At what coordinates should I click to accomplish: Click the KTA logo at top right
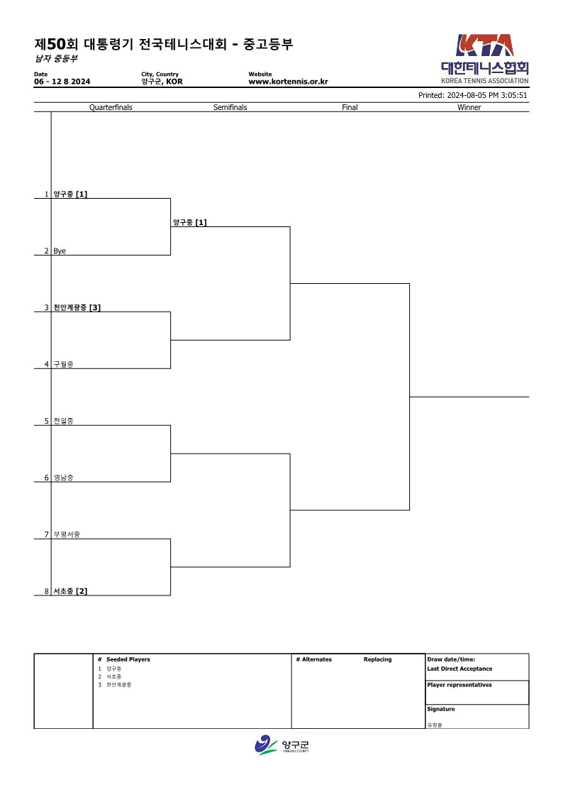click(x=485, y=58)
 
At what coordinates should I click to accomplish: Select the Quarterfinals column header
click(x=111, y=107)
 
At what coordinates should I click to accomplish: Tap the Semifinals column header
click(x=230, y=107)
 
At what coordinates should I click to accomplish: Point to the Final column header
click(x=350, y=107)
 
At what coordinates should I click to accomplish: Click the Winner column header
click(x=469, y=107)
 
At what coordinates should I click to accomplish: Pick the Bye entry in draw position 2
click(x=60, y=251)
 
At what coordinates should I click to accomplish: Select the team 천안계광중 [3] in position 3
click(x=77, y=307)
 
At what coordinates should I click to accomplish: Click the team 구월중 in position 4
click(x=63, y=365)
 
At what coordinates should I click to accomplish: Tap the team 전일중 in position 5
click(x=63, y=421)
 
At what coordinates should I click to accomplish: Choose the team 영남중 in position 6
click(x=63, y=478)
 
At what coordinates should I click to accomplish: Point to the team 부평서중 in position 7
click(x=67, y=534)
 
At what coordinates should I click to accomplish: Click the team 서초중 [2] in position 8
click(x=70, y=591)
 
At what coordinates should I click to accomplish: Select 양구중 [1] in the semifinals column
click(x=190, y=223)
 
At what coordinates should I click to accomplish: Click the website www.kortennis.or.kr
click(x=289, y=82)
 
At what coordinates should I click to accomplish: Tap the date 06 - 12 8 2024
click(x=62, y=82)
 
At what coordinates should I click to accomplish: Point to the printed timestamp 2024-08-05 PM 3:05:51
click(x=487, y=95)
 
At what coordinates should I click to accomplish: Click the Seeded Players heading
click(x=128, y=659)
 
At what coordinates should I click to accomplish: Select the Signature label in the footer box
click(x=441, y=709)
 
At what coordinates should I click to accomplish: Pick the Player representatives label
click(x=459, y=685)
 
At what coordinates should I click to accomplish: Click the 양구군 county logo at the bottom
click(x=281, y=745)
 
